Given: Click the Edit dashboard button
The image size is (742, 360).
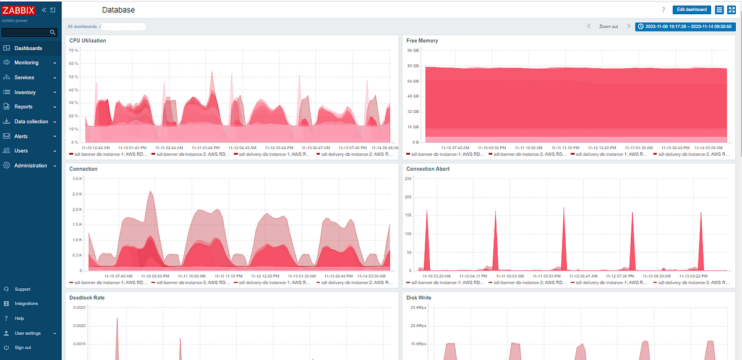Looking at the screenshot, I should [x=691, y=9].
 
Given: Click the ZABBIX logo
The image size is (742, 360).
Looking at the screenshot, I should [x=19, y=11].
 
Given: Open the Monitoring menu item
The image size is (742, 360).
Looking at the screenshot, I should [x=27, y=62].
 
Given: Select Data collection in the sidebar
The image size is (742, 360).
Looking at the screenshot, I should [x=31, y=122].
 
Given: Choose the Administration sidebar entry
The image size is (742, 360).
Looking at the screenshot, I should [x=30, y=166].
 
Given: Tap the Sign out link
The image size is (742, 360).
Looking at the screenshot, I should [x=23, y=348].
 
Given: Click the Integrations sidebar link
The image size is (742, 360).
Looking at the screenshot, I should [x=26, y=304].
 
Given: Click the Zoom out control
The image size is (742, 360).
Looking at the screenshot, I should [x=608, y=27].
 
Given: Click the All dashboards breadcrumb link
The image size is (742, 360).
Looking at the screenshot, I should [x=82, y=27].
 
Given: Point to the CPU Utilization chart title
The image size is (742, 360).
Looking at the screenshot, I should [x=88, y=41].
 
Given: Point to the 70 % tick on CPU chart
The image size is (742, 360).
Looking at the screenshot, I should [x=74, y=50].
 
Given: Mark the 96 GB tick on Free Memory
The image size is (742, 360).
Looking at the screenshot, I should [x=413, y=50].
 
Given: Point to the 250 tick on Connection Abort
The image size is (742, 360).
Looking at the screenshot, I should [x=408, y=178].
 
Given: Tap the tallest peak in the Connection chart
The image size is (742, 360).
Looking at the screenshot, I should [x=151, y=192].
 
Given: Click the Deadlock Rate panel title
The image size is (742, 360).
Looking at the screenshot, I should [x=87, y=297].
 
